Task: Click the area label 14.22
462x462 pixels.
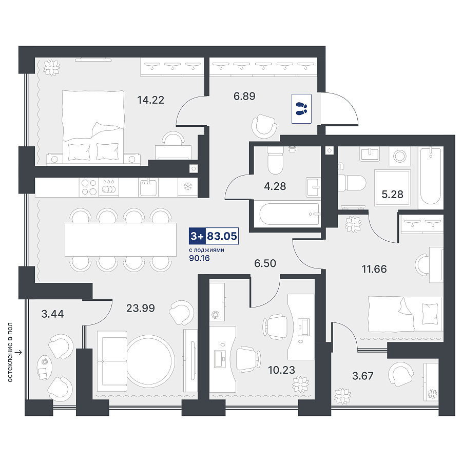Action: pyautogui.click(x=150, y=100)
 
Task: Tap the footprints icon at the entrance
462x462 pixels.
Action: pyautogui.click(x=301, y=109)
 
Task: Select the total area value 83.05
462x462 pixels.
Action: pyautogui.click(x=222, y=236)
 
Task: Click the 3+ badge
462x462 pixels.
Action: pyautogui.click(x=197, y=236)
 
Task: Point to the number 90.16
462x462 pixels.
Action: pyautogui.click(x=199, y=258)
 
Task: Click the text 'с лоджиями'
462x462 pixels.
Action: pyautogui.click(x=206, y=250)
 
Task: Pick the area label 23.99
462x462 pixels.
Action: pyautogui.click(x=141, y=308)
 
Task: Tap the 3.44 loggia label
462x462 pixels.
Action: pyautogui.click(x=52, y=314)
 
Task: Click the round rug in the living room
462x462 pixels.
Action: pyautogui.click(x=151, y=361)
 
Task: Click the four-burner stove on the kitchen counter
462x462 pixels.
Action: pyautogui.click(x=89, y=187)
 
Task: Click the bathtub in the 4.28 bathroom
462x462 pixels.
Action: pyautogui.click(x=290, y=214)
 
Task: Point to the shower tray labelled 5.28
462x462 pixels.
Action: pyautogui.click(x=393, y=188)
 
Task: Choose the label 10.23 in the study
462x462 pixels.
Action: pyautogui.click(x=281, y=370)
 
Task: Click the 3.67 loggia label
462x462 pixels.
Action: pyautogui.click(x=363, y=376)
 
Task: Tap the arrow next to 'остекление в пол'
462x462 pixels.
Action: pyautogui.click(x=18, y=352)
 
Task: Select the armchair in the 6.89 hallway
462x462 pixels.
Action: pyautogui.click(x=264, y=126)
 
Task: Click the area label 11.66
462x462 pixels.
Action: pyautogui.click(x=374, y=269)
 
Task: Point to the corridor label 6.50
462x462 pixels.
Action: pyautogui.click(x=265, y=263)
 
